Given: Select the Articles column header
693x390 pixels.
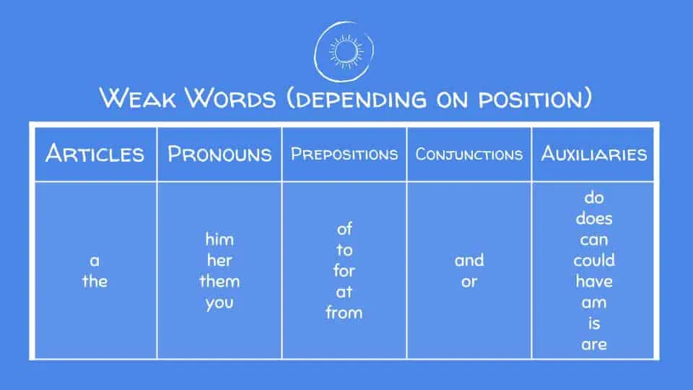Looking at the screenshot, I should [x=95, y=154].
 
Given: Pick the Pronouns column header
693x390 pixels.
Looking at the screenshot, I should [x=219, y=154].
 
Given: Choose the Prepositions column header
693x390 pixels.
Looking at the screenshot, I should [x=344, y=154].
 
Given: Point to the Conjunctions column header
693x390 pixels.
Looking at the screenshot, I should [x=469, y=154].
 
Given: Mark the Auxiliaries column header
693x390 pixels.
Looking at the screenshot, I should [x=593, y=154].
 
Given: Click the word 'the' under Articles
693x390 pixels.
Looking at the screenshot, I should [x=95, y=281].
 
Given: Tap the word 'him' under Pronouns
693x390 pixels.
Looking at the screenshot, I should [x=219, y=239].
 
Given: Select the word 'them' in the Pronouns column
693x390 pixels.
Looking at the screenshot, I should [x=219, y=281].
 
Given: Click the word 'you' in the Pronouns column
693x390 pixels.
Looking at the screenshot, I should [x=219, y=303].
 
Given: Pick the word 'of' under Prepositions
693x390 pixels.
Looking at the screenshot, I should [x=344, y=229].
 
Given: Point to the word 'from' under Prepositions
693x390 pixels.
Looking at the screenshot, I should [x=344, y=313].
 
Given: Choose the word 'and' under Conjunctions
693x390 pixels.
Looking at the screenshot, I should [x=469, y=260].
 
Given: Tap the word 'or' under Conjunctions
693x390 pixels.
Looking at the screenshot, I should [x=469, y=282].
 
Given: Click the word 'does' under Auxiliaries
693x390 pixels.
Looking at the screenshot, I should [x=593, y=218].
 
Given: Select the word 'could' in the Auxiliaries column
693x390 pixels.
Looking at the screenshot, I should [x=593, y=260].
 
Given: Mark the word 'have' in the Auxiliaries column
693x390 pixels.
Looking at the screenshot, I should [x=593, y=281].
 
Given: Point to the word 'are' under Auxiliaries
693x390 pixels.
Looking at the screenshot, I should [x=593, y=344].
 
